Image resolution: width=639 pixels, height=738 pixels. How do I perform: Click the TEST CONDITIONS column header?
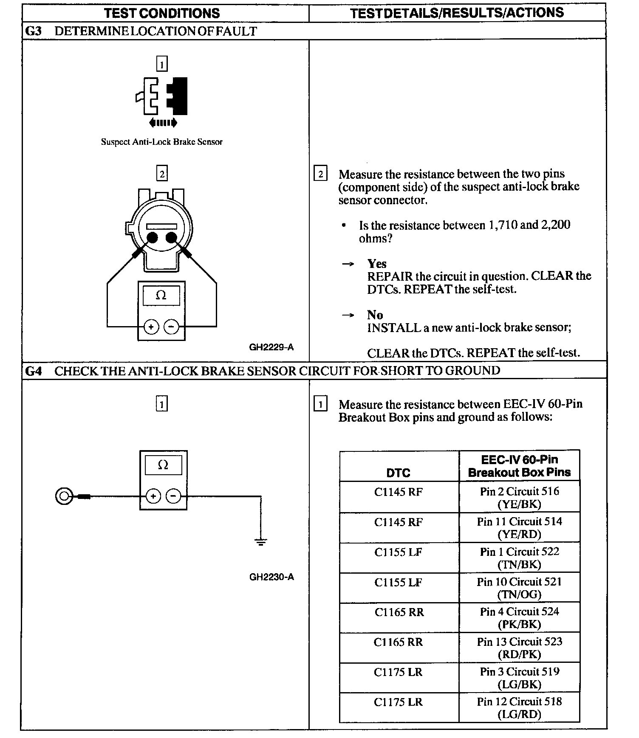point(162,13)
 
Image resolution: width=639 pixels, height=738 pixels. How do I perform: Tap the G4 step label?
point(34,371)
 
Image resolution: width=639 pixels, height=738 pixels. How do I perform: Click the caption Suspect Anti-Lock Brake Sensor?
point(161,142)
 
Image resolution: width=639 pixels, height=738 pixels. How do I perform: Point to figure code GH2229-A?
point(271,347)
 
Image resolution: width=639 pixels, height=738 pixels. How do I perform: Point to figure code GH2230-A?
point(271,577)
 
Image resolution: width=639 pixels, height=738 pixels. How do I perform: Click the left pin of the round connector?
point(152,237)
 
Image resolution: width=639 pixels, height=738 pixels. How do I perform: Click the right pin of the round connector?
point(171,237)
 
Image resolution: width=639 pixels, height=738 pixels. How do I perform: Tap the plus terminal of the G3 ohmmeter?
point(151,327)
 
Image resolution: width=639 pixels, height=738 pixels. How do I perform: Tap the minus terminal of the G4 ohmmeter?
point(173,496)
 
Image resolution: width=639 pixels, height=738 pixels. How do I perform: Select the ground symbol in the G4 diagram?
point(260,541)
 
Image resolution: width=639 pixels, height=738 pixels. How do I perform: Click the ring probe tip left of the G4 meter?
point(63,496)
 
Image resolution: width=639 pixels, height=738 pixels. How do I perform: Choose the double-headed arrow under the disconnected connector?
point(163,123)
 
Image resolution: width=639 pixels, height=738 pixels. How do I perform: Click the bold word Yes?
point(377,264)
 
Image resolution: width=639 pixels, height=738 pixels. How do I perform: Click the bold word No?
point(375,315)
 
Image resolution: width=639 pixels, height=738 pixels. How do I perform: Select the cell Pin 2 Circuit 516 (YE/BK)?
point(519,497)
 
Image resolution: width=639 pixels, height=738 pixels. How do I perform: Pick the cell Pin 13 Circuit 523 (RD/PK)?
point(519,648)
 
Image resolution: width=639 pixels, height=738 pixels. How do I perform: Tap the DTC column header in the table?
point(399,473)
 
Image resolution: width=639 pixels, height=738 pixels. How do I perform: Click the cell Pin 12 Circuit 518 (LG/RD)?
point(519,708)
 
